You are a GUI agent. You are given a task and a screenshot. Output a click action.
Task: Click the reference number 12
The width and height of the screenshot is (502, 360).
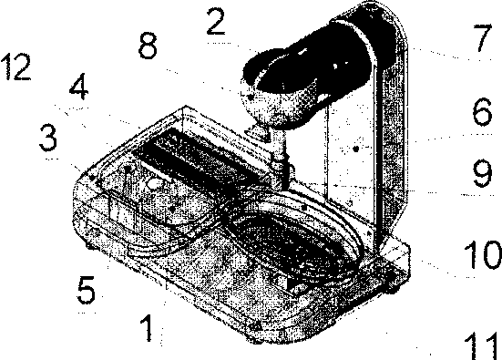coord(16,67)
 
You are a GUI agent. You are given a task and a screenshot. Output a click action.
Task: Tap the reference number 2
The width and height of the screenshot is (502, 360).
coord(216,22)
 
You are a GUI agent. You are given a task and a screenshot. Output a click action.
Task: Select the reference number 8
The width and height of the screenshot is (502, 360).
coord(148,46)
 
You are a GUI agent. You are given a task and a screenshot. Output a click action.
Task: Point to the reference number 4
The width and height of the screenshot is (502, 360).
coord(78,87)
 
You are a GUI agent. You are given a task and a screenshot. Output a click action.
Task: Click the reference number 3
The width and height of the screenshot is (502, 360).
coord(48,138)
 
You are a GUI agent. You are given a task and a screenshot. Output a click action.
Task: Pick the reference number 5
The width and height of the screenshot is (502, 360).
coord(87,290)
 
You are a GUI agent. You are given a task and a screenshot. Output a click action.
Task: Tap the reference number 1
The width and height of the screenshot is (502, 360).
coord(148,328)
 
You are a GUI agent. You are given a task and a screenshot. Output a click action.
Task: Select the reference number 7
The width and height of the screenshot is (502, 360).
coord(482,37)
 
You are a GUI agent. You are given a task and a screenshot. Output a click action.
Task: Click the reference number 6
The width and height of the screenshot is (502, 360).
coord(482,112)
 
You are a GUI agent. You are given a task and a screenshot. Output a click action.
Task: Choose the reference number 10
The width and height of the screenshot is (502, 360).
coord(482,254)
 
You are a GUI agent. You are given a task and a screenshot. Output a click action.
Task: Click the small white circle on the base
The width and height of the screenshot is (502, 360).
coord(155,184)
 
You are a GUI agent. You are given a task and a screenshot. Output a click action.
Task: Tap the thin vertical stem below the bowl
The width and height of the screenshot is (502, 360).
coord(279,157)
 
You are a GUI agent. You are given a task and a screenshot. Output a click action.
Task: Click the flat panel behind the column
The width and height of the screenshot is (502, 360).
coord(349,154)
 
